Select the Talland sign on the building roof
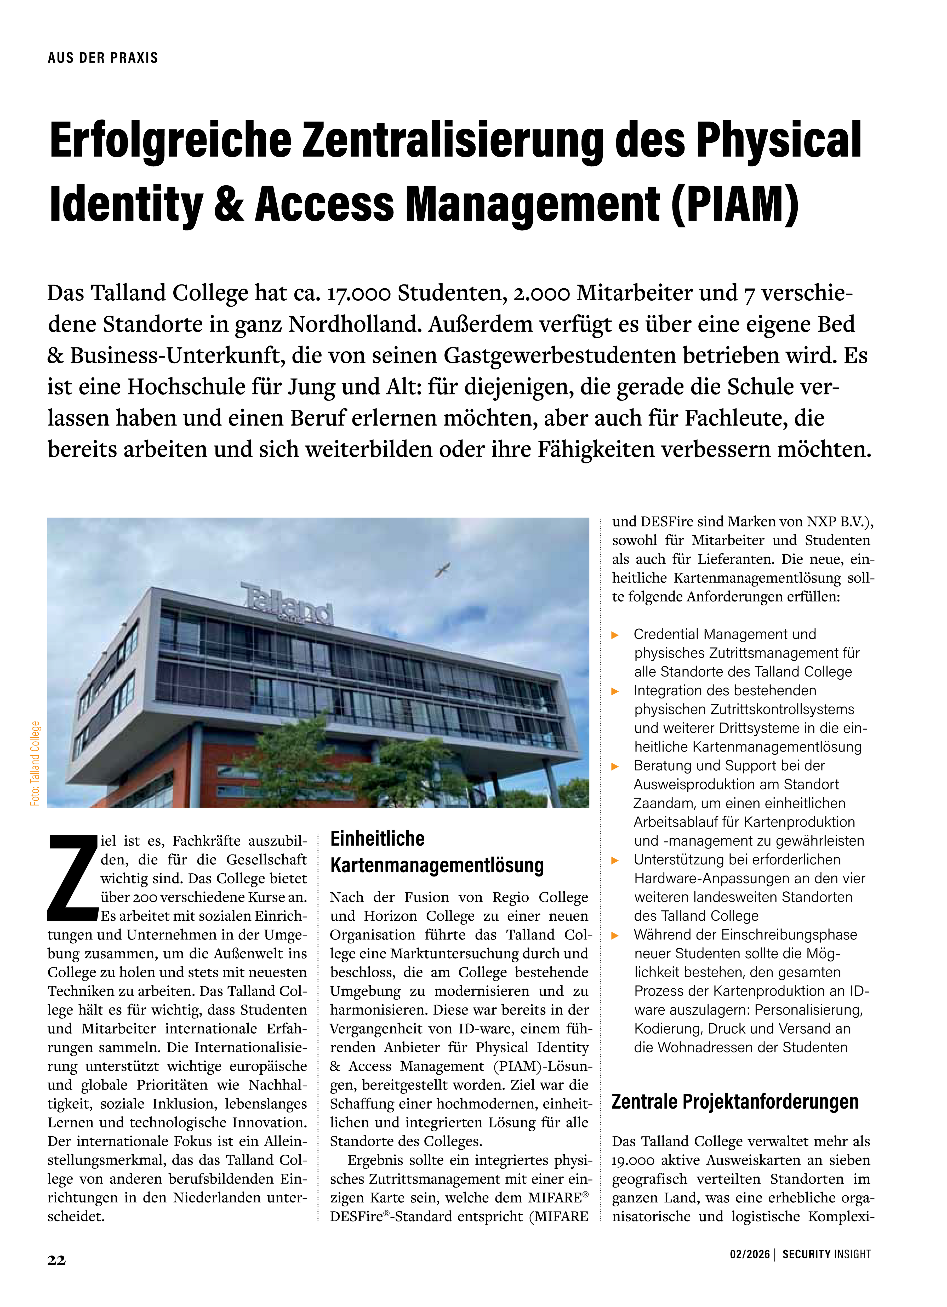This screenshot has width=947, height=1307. tap(287, 604)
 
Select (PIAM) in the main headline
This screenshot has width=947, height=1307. tap(735, 205)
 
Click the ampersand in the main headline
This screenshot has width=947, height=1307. tap(229, 205)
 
